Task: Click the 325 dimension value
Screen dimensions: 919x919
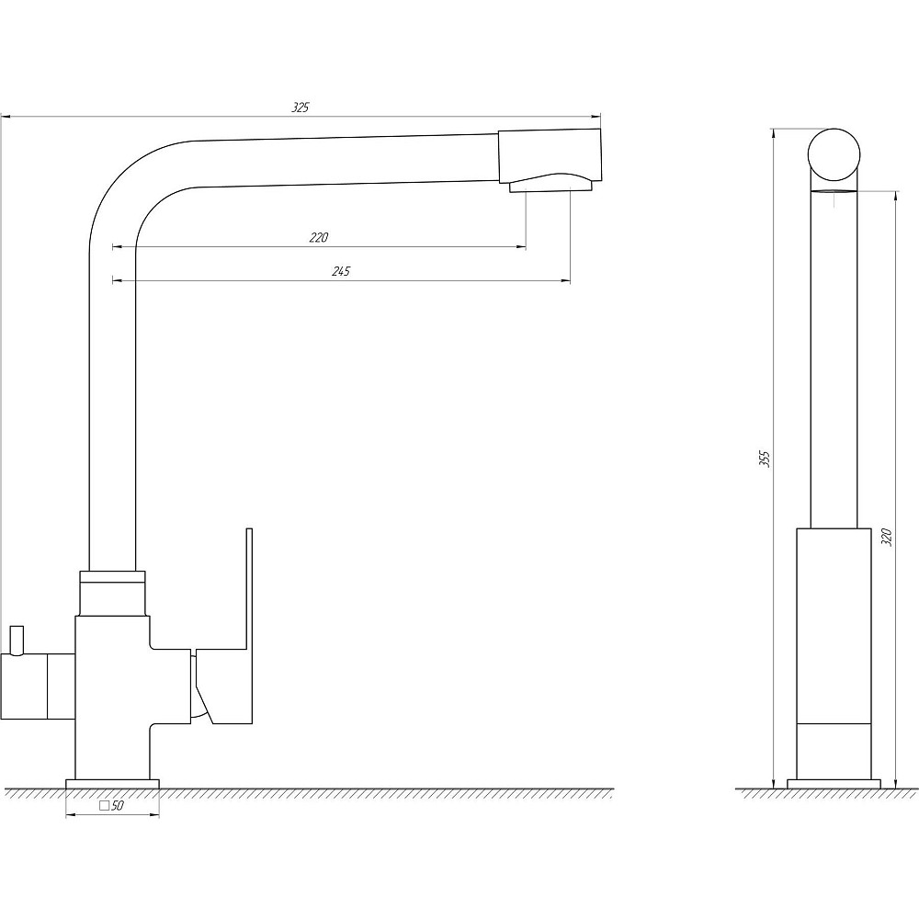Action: pos(301,108)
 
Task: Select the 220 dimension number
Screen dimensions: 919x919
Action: pos(319,237)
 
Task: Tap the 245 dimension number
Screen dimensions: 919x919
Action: pos(341,271)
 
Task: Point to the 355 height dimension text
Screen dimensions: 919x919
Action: pos(765,459)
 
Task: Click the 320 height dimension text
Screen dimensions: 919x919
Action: pos(886,537)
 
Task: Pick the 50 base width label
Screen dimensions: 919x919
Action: pos(118,806)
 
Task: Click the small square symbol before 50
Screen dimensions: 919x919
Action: pos(105,805)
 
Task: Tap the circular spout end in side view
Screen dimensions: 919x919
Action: pos(834,154)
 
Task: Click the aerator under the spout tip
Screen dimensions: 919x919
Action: pos(550,187)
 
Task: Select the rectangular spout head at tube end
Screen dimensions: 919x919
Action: pos(550,155)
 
